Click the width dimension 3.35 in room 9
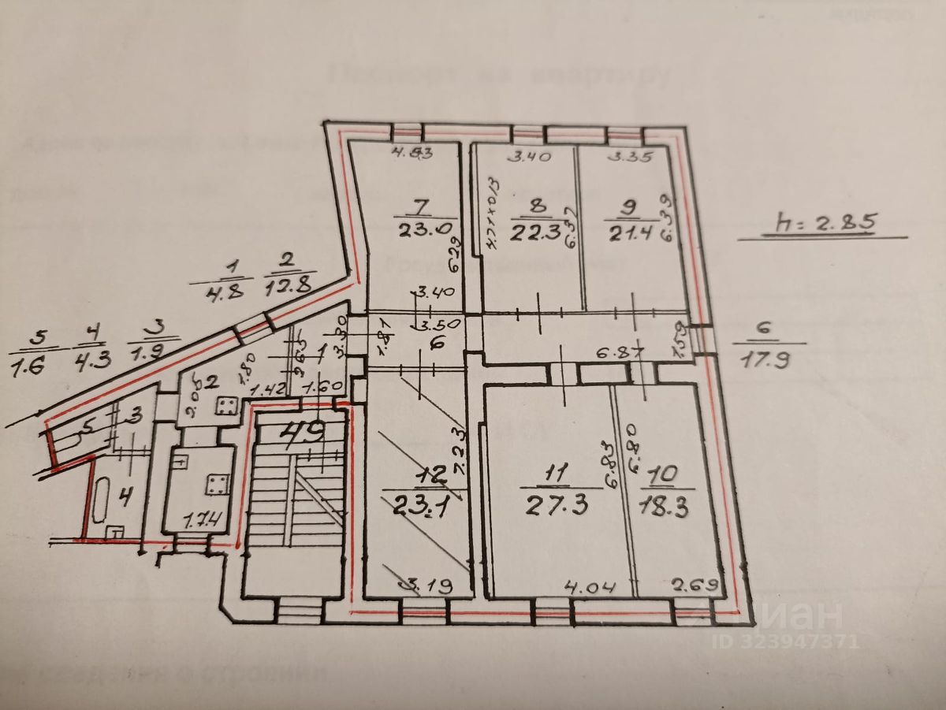[630, 156]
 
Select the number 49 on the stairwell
[304, 431]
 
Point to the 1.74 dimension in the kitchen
[200, 520]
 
